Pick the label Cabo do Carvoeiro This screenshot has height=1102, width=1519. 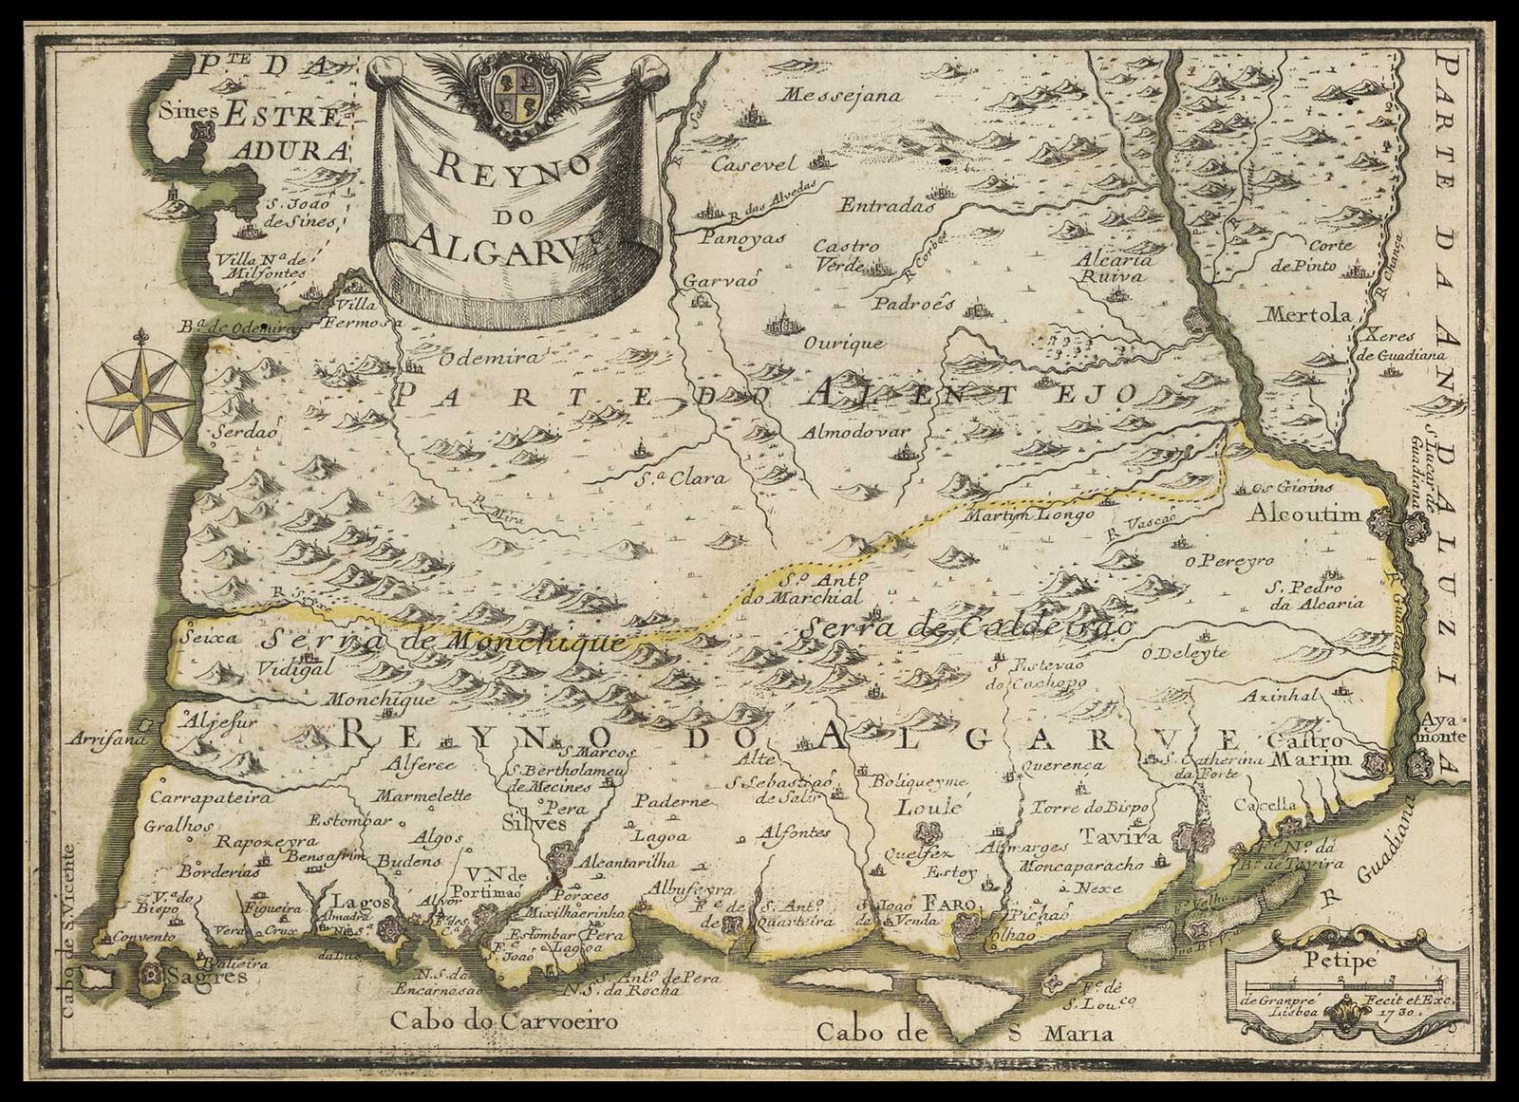[x=503, y=1021]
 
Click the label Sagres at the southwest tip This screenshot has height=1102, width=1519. [x=206, y=976]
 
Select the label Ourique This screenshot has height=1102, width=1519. [x=843, y=343]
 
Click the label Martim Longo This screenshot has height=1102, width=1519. [x=1029, y=515]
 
